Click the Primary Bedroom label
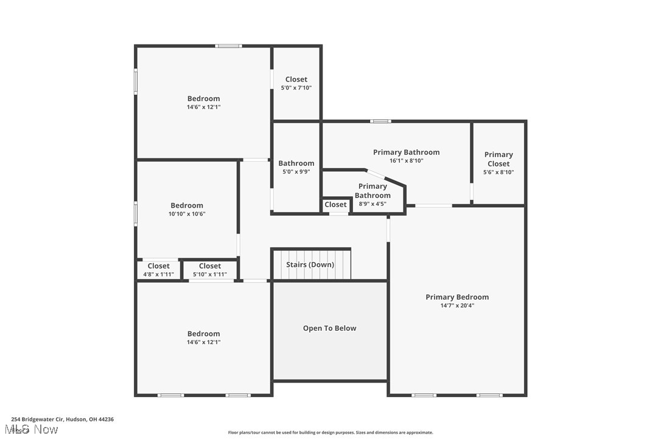[x=456, y=297]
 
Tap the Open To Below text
[x=329, y=328]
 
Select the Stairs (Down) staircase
[x=311, y=265]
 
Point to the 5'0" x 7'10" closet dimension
[x=296, y=88]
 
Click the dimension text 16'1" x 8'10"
[x=406, y=161]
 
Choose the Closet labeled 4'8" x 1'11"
[x=158, y=266]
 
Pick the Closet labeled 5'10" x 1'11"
[x=210, y=266]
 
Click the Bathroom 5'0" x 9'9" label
[x=296, y=163]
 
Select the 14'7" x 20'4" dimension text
[x=456, y=306]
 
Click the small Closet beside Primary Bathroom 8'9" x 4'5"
[x=335, y=205]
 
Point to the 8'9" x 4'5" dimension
[x=372, y=204]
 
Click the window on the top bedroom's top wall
[x=228, y=46]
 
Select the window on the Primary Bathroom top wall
[x=380, y=121]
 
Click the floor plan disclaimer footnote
[x=330, y=432]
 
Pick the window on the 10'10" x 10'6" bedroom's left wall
[x=136, y=213]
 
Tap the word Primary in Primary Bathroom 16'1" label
[x=388, y=152]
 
